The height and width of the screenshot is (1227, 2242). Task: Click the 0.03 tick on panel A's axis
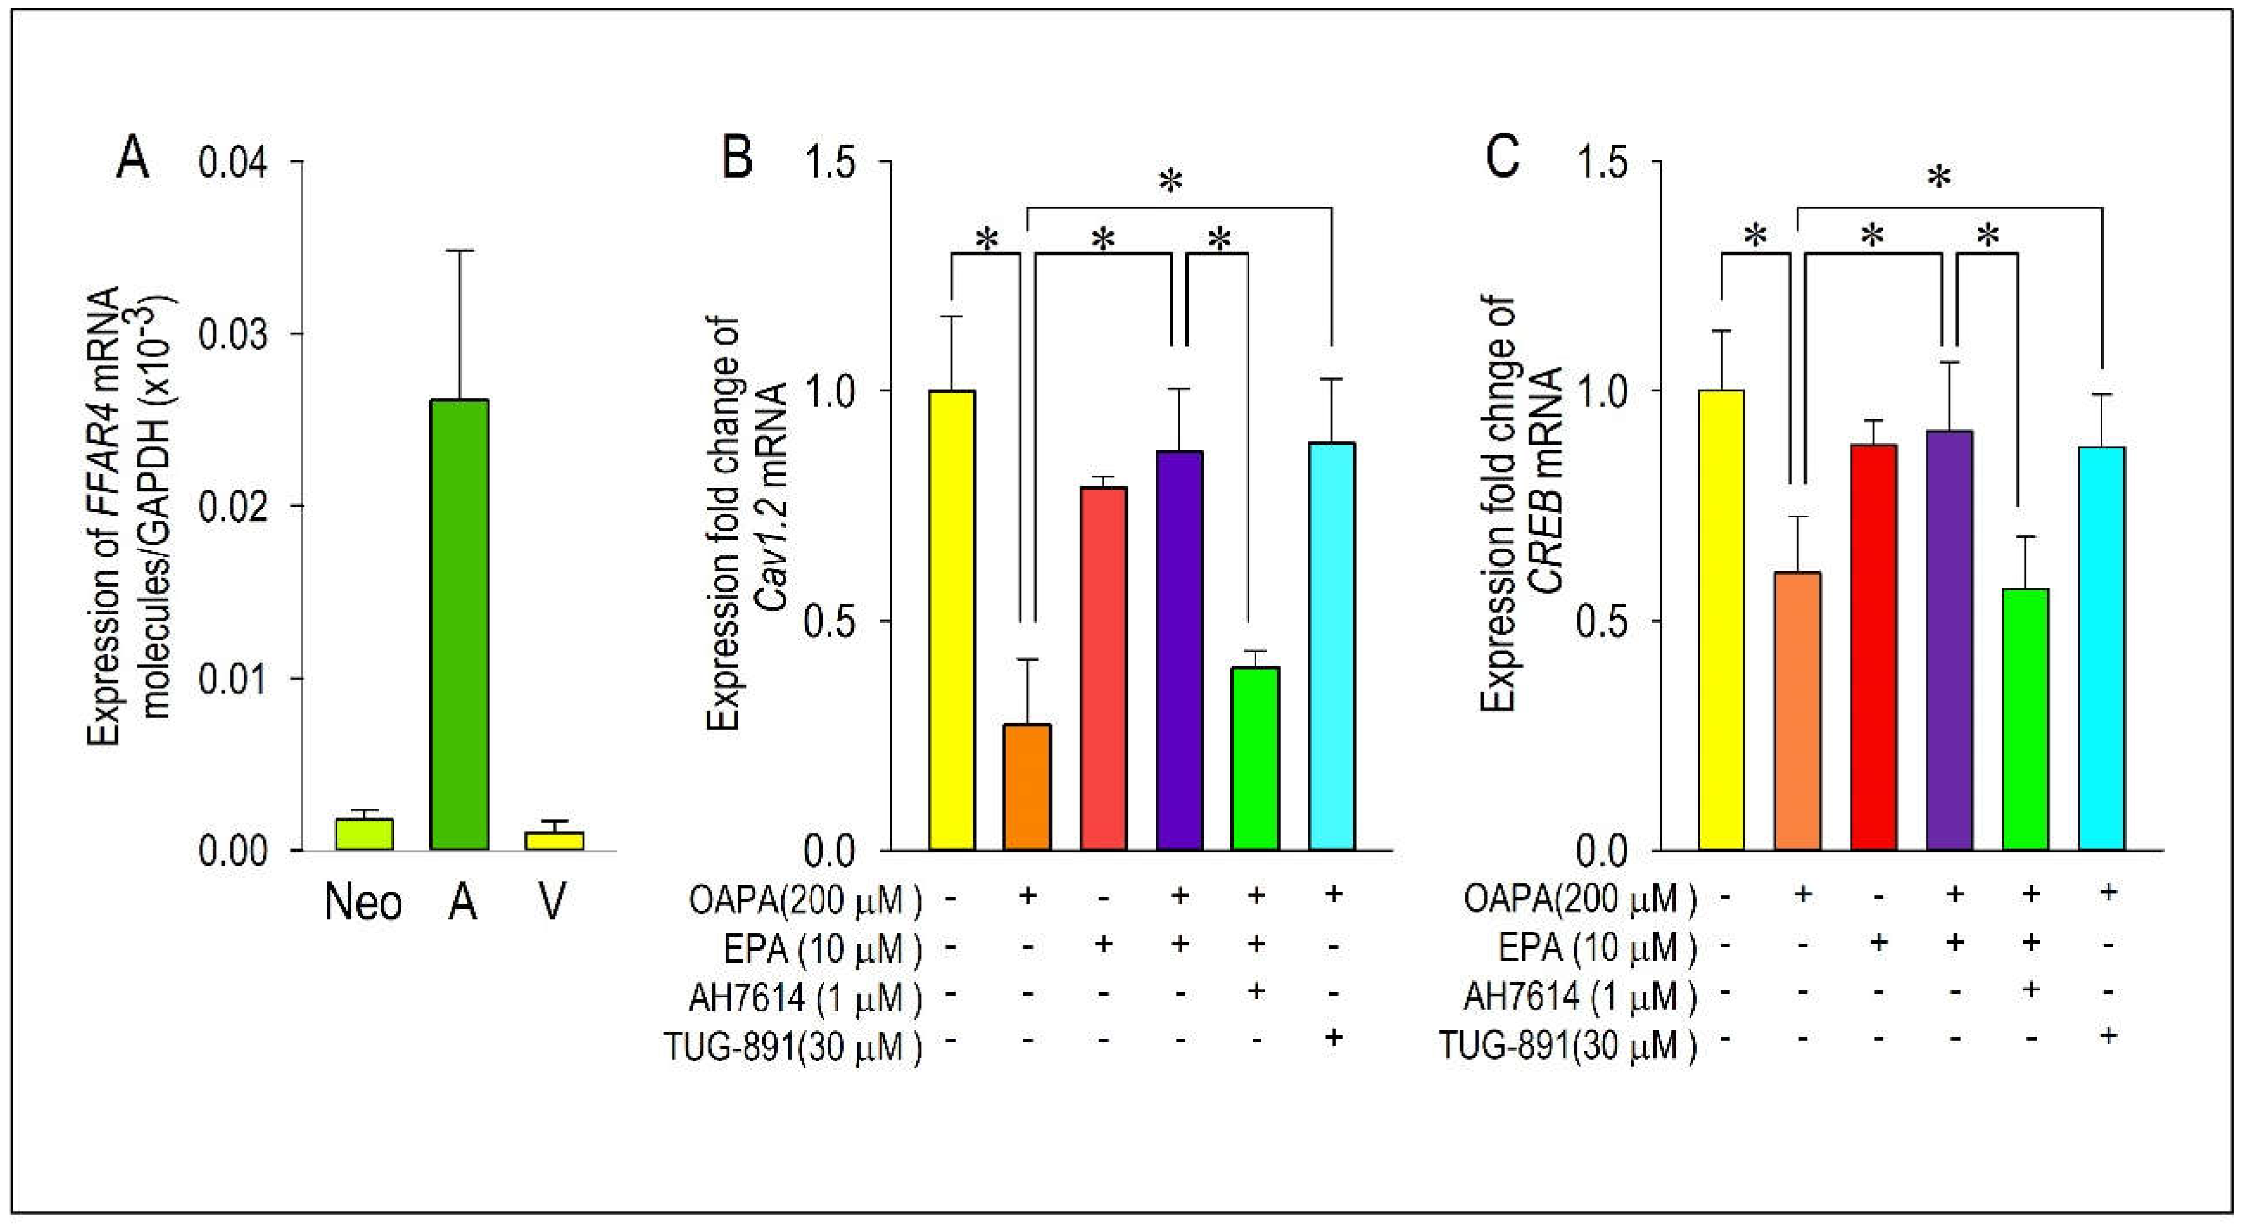point(231,334)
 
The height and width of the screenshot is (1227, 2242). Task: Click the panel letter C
point(1504,159)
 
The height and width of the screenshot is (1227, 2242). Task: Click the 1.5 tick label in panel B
point(831,163)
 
